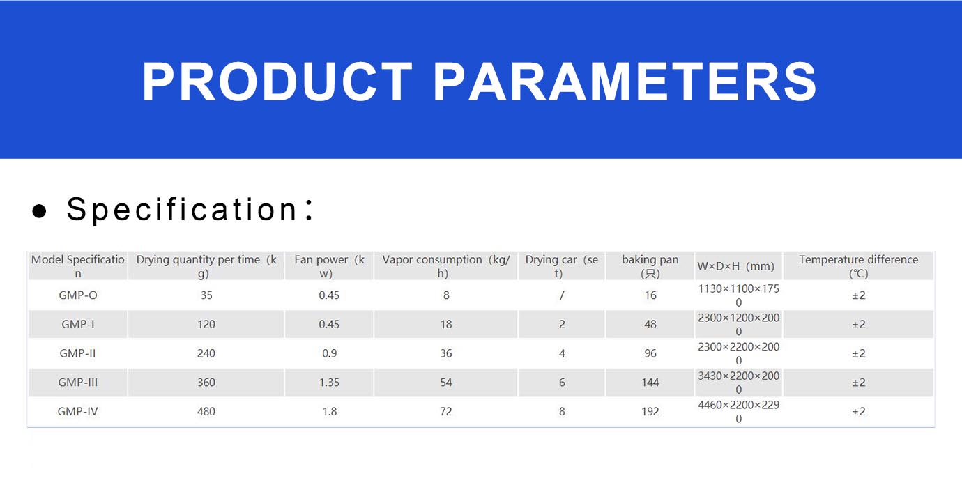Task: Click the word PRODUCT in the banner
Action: (277, 82)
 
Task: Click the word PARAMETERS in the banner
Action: (625, 82)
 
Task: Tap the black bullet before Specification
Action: (39, 210)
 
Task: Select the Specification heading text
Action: (190, 210)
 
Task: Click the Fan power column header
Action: (330, 266)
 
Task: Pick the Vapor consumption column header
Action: (445, 266)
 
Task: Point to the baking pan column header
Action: (650, 266)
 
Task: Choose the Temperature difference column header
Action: (859, 266)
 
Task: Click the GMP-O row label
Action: (78, 295)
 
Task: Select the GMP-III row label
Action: (78, 383)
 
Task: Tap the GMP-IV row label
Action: (78, 411)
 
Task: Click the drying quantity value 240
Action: (206, 353)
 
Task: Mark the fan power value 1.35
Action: (330, 383)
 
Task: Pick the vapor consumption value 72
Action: (445, 411)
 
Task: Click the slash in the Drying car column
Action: (562, 295)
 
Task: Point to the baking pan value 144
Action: (650, 383)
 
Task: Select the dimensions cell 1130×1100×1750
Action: (738, 295)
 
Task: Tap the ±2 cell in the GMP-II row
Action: (859, 353)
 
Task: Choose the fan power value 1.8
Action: (330, 411)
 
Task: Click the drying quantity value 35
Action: (206, 295)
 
